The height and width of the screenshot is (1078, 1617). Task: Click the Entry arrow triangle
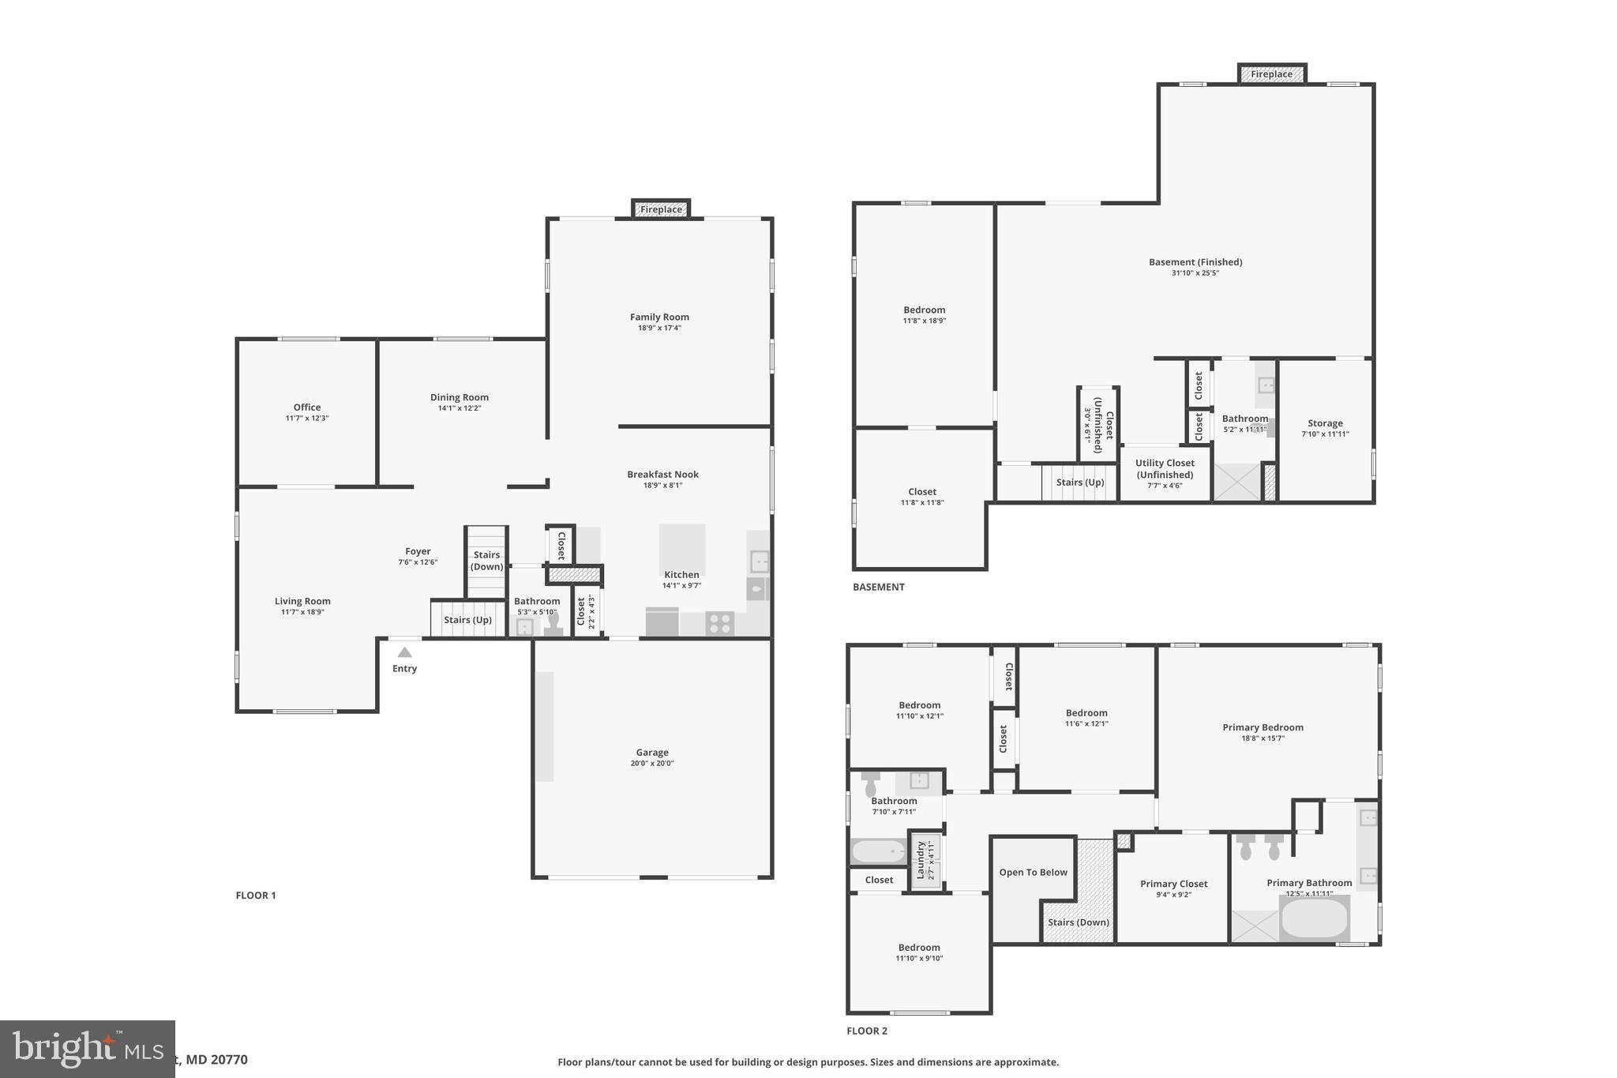[404, 652]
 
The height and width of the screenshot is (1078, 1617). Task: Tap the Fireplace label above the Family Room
[661, 209]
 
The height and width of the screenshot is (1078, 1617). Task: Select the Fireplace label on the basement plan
[1271, 74]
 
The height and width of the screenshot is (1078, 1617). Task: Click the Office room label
[307, 408]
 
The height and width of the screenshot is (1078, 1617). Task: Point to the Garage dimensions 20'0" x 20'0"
[652, 764]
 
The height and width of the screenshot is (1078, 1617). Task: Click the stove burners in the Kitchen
[719, 623]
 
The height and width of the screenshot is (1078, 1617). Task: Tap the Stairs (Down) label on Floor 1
[486, 561]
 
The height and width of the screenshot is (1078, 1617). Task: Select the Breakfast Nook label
[662, 475]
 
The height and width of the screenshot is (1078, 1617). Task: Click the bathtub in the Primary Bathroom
[1314, 918]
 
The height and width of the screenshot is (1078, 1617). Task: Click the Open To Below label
[1033, 873]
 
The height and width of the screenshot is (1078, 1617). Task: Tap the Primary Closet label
[1173, 884]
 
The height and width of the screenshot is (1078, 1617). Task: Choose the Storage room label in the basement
[1325, 423]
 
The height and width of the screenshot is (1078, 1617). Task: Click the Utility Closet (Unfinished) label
[1165, 469]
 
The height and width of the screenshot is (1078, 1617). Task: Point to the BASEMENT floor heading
[878, 587]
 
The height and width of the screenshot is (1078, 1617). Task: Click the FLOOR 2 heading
[867, 1031]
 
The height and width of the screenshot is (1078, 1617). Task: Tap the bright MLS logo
[87, 1049]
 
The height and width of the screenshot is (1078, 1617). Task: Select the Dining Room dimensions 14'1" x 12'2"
[460, 408]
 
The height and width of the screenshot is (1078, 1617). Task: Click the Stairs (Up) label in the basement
[1079, 483]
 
